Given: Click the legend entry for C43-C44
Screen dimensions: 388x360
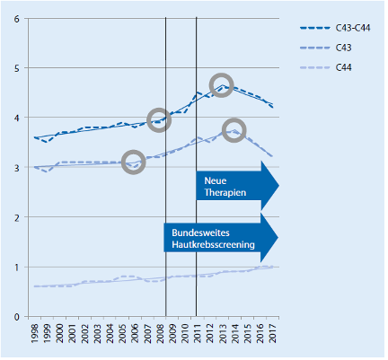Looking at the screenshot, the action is click(x=353, y=28).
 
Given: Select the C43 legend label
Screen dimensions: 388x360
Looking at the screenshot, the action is click(x=343, y=48).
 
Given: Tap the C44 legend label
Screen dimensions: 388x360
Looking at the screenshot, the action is click(x=343, y=67).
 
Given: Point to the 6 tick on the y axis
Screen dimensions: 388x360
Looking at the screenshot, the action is click(x=17, y=19).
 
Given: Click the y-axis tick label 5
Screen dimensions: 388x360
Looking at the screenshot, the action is click(x=17, y=68).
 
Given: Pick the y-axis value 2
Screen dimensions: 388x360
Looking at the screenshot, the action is click(x=17, y=217).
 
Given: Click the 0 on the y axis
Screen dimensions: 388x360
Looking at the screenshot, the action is click(x=17, y=317).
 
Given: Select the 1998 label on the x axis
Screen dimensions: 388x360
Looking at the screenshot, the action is click(x=35, y=333).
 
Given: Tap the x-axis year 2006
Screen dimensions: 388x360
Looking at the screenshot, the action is click(x=135, y=333).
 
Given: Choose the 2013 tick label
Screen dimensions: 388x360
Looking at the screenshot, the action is click(x=222, y=333).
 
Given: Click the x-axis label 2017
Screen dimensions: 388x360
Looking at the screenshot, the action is click(x=272, y=333).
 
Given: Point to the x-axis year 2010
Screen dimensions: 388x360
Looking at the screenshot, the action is click(x=185, y=333).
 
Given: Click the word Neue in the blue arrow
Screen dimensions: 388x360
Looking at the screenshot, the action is click(x=216, y=180).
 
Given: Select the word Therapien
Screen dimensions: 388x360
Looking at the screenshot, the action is click(x=225, y=192).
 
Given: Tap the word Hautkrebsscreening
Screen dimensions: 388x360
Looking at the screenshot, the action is click(x=213, y=244).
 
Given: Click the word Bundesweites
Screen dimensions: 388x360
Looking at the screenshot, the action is click(x=200, y=233).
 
